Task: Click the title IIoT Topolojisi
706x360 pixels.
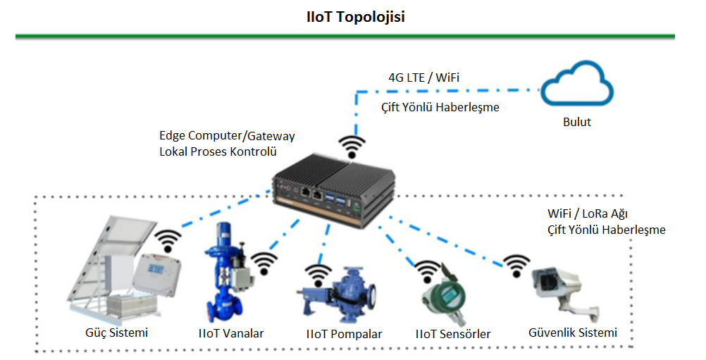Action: click(356, 17)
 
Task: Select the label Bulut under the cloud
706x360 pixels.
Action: click(577, 122)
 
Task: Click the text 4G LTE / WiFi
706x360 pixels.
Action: click(423, 78)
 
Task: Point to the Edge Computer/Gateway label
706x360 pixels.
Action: click(227, 136)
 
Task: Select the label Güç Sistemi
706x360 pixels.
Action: click(117, 333)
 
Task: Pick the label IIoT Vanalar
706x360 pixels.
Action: click(231, 333)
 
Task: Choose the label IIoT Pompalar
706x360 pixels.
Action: click(344, 335)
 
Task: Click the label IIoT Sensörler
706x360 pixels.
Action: click(453, 335)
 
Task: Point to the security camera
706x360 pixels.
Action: click(566, 292)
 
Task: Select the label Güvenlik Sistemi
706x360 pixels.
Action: click(573, 333)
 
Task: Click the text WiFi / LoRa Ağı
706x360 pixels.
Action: click(588, 213)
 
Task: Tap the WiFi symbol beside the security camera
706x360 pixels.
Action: click(516, 266)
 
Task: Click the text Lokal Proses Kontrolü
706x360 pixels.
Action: click(218, 151)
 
